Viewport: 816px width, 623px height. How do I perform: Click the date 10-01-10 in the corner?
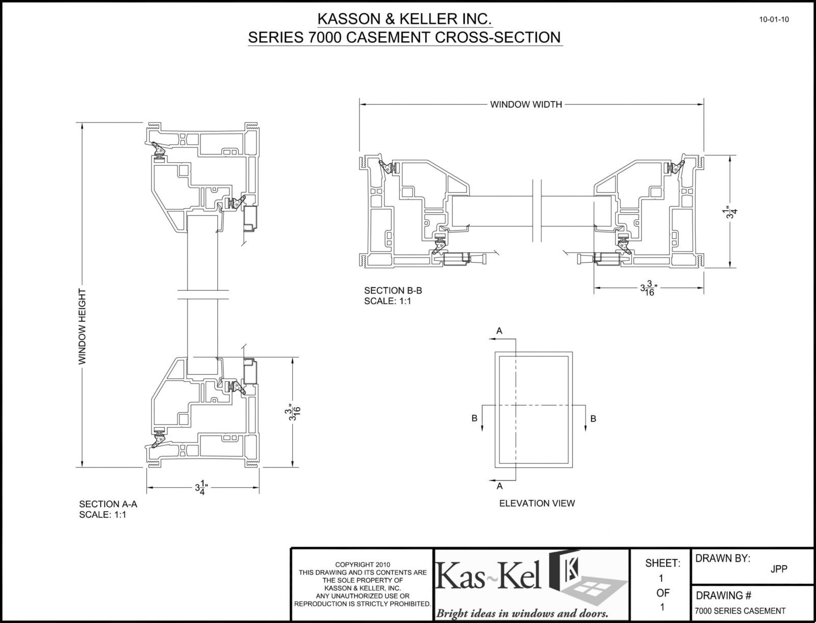pyautogui.click(x=774, y=20)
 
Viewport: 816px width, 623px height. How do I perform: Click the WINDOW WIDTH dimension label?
pyautogui.click(x=526, y=105)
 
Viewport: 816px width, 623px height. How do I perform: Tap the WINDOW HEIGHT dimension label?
pyautogui.click(x=82, y=327)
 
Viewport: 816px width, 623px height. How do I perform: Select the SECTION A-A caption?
pyautogui.click(x=108, y=504)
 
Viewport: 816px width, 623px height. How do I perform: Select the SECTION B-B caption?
pyautogui.click(x=393, y=291)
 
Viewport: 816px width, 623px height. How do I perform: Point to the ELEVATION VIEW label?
pyautogui.click(x=537, y=503)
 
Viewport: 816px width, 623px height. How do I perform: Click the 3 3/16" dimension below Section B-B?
pyautogui.click(x=648, y=289)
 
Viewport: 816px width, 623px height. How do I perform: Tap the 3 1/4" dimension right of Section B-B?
pyautogui.click(x=732, y=212)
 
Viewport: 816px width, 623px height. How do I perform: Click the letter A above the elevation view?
pyautogui.click(x=499, y=331)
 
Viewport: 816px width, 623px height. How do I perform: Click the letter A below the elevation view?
pyautogui.click(x=499, y=486)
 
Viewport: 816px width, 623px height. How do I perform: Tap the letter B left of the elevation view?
pyautogui.click(x=474, y=418)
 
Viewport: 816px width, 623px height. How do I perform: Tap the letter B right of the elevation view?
pyautogui.click(x=593, y=418)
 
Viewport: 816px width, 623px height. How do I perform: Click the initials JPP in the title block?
pyautogui.click(x=779, y=569)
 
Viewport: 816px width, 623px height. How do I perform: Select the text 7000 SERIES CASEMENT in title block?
pyautogui.click(x=740, y=611)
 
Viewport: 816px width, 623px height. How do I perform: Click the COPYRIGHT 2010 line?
pyautogui.click(x=362, y=565)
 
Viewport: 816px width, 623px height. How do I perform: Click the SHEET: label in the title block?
pyautogui.click(x=662, y=563)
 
